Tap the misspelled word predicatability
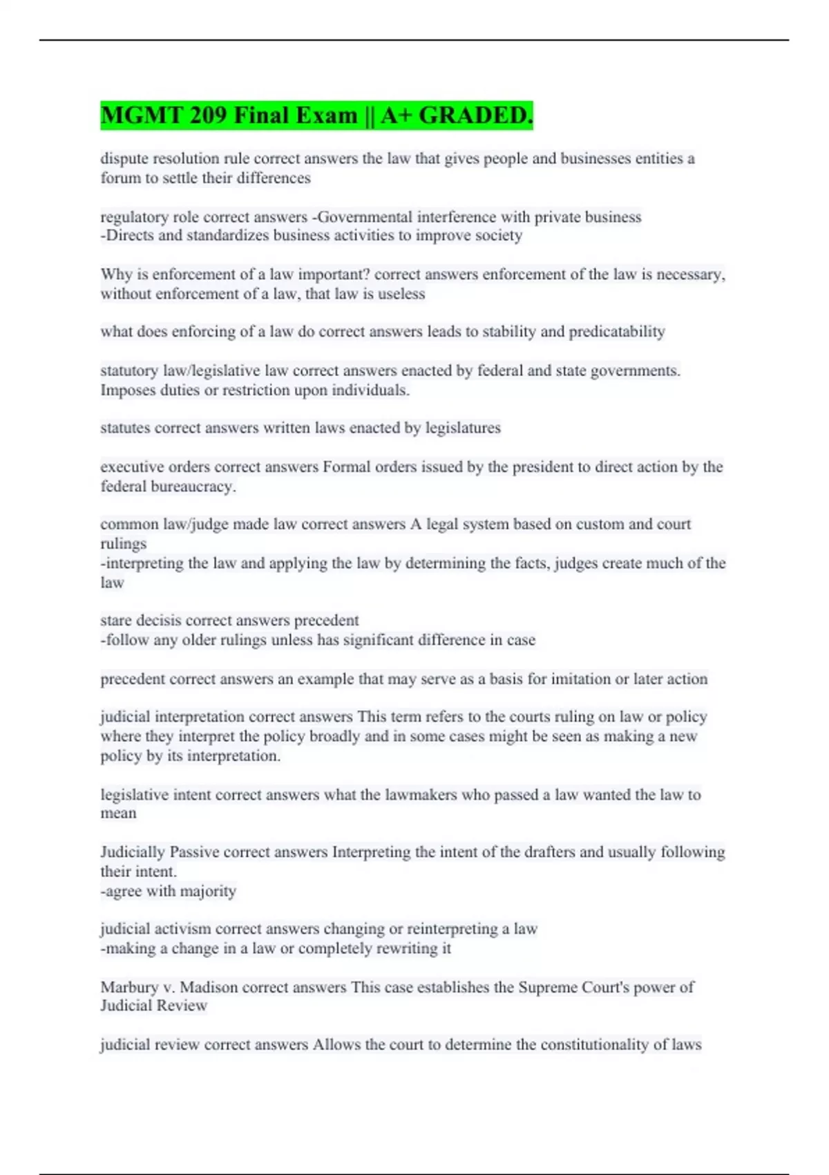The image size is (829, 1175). pyautogui.click(x=616, y=332)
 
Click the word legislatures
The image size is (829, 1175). pyautogui.click(x=463, y=428)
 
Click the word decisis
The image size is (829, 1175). pyautogui.click(x=158, y=621)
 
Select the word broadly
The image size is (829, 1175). pyautogui.click(x=335, y=737)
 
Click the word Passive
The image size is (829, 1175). pyautogui.click(x=194, y=852)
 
